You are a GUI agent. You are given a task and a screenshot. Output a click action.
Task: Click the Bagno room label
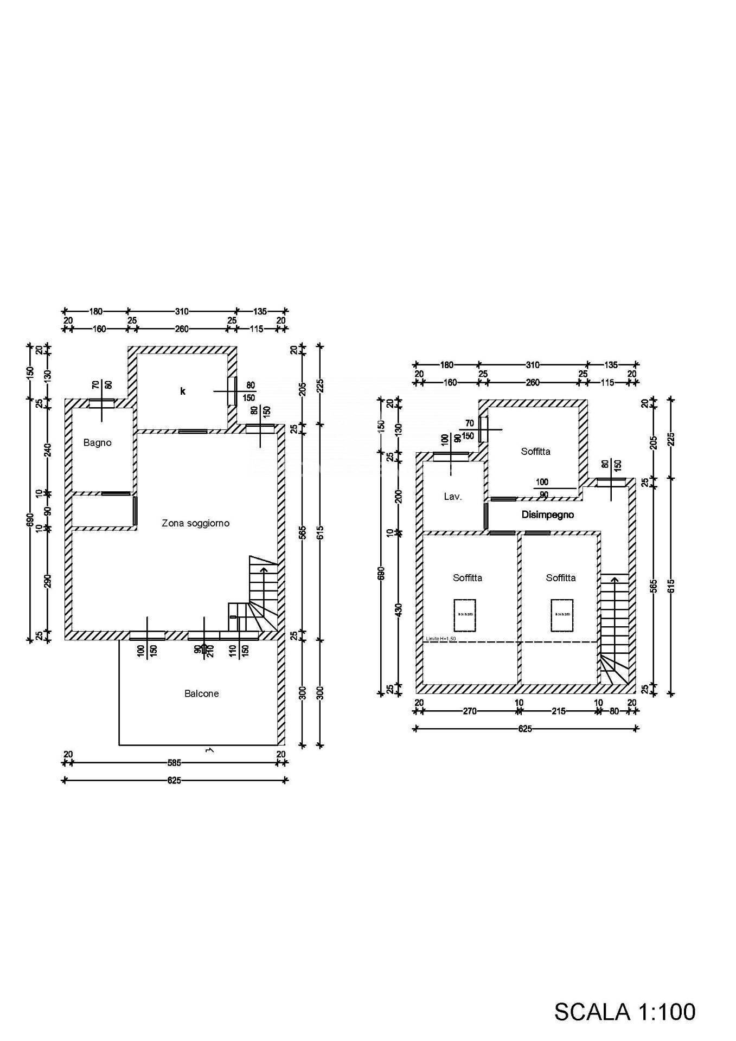coord(97,442)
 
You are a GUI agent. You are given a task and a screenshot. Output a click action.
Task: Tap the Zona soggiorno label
coord(195,523)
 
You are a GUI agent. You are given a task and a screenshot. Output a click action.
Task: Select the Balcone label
coord(201,693)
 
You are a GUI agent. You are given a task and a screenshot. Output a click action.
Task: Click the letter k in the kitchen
coord(183,391)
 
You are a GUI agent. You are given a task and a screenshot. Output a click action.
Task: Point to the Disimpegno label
coord(547,515)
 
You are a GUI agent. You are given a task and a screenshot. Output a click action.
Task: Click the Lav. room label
coord(452,496)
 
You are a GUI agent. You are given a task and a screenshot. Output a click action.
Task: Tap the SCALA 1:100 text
coord(624,1012)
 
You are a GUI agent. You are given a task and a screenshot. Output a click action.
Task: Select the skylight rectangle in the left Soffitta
coord(464,615)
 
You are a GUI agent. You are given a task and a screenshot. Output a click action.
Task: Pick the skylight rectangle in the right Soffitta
coord(561,615)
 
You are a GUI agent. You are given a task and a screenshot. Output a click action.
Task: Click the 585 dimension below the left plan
coord(174,763)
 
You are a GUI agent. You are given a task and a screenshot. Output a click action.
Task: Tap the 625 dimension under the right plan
coord(524,729)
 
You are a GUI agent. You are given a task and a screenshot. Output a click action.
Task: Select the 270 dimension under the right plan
coord(469,711)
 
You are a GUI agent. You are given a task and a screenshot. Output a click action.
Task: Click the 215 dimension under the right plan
coord(558,711)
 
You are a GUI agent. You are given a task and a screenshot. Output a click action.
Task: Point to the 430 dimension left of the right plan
coord(399,609)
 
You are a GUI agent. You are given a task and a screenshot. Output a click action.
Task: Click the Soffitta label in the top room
coord(535,451)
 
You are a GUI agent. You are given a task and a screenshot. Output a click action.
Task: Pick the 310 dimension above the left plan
coord(181,311)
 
